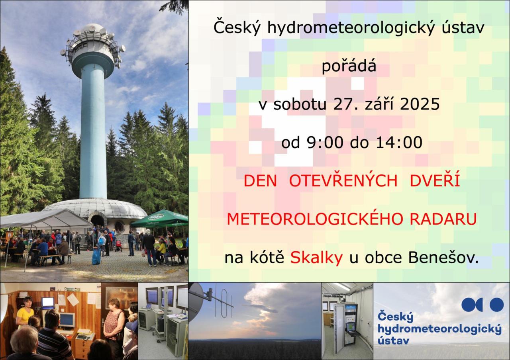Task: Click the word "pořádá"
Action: (349, 67)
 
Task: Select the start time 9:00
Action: (325, 143)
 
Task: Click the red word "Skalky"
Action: (316, 258)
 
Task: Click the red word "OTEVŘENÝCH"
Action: (343, 180)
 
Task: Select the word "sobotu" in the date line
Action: (300, 104)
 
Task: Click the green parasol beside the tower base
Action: (159, 219)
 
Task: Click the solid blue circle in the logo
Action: (496, 305)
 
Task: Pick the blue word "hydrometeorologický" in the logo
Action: (439, 329)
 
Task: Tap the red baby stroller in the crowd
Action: (118, 246)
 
